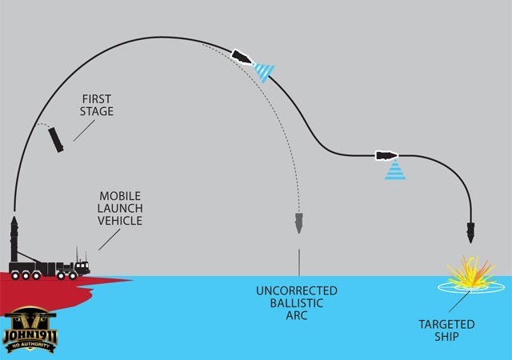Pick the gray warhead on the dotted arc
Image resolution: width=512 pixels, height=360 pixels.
click(x=298, y=222)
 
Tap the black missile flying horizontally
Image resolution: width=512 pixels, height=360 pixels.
click(x=386, y=154)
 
